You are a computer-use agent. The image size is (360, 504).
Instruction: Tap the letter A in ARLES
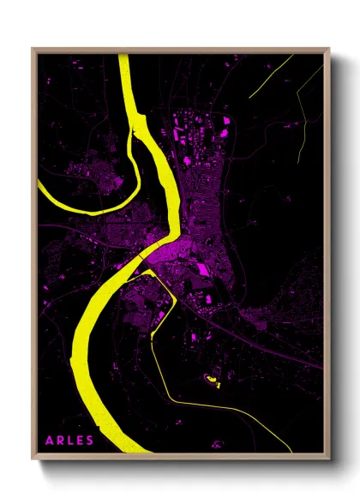click(50, 441)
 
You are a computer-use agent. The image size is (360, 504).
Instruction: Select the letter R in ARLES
click(60, 441)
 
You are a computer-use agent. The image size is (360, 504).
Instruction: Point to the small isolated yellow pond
click(210, 377)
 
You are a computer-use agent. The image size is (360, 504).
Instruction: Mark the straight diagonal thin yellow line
click(270, 77)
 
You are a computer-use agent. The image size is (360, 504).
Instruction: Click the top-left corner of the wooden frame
click(33, 50)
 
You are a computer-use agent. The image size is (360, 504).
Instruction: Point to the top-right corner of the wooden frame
click(328, 50)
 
